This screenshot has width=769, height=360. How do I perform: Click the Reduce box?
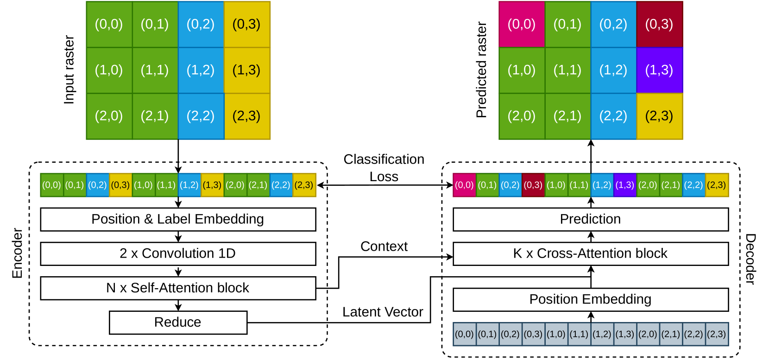coord(178,322)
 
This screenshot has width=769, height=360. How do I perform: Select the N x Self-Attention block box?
coord(178,288)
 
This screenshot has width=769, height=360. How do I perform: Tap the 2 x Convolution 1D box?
coord(178,253)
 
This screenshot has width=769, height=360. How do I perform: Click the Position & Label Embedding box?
coord(178,219)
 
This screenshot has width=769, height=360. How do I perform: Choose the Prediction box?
coord(591,219)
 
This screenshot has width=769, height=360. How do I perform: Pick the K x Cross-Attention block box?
coord(591,253)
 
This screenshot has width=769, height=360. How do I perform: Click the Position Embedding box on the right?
coord(591,299)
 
